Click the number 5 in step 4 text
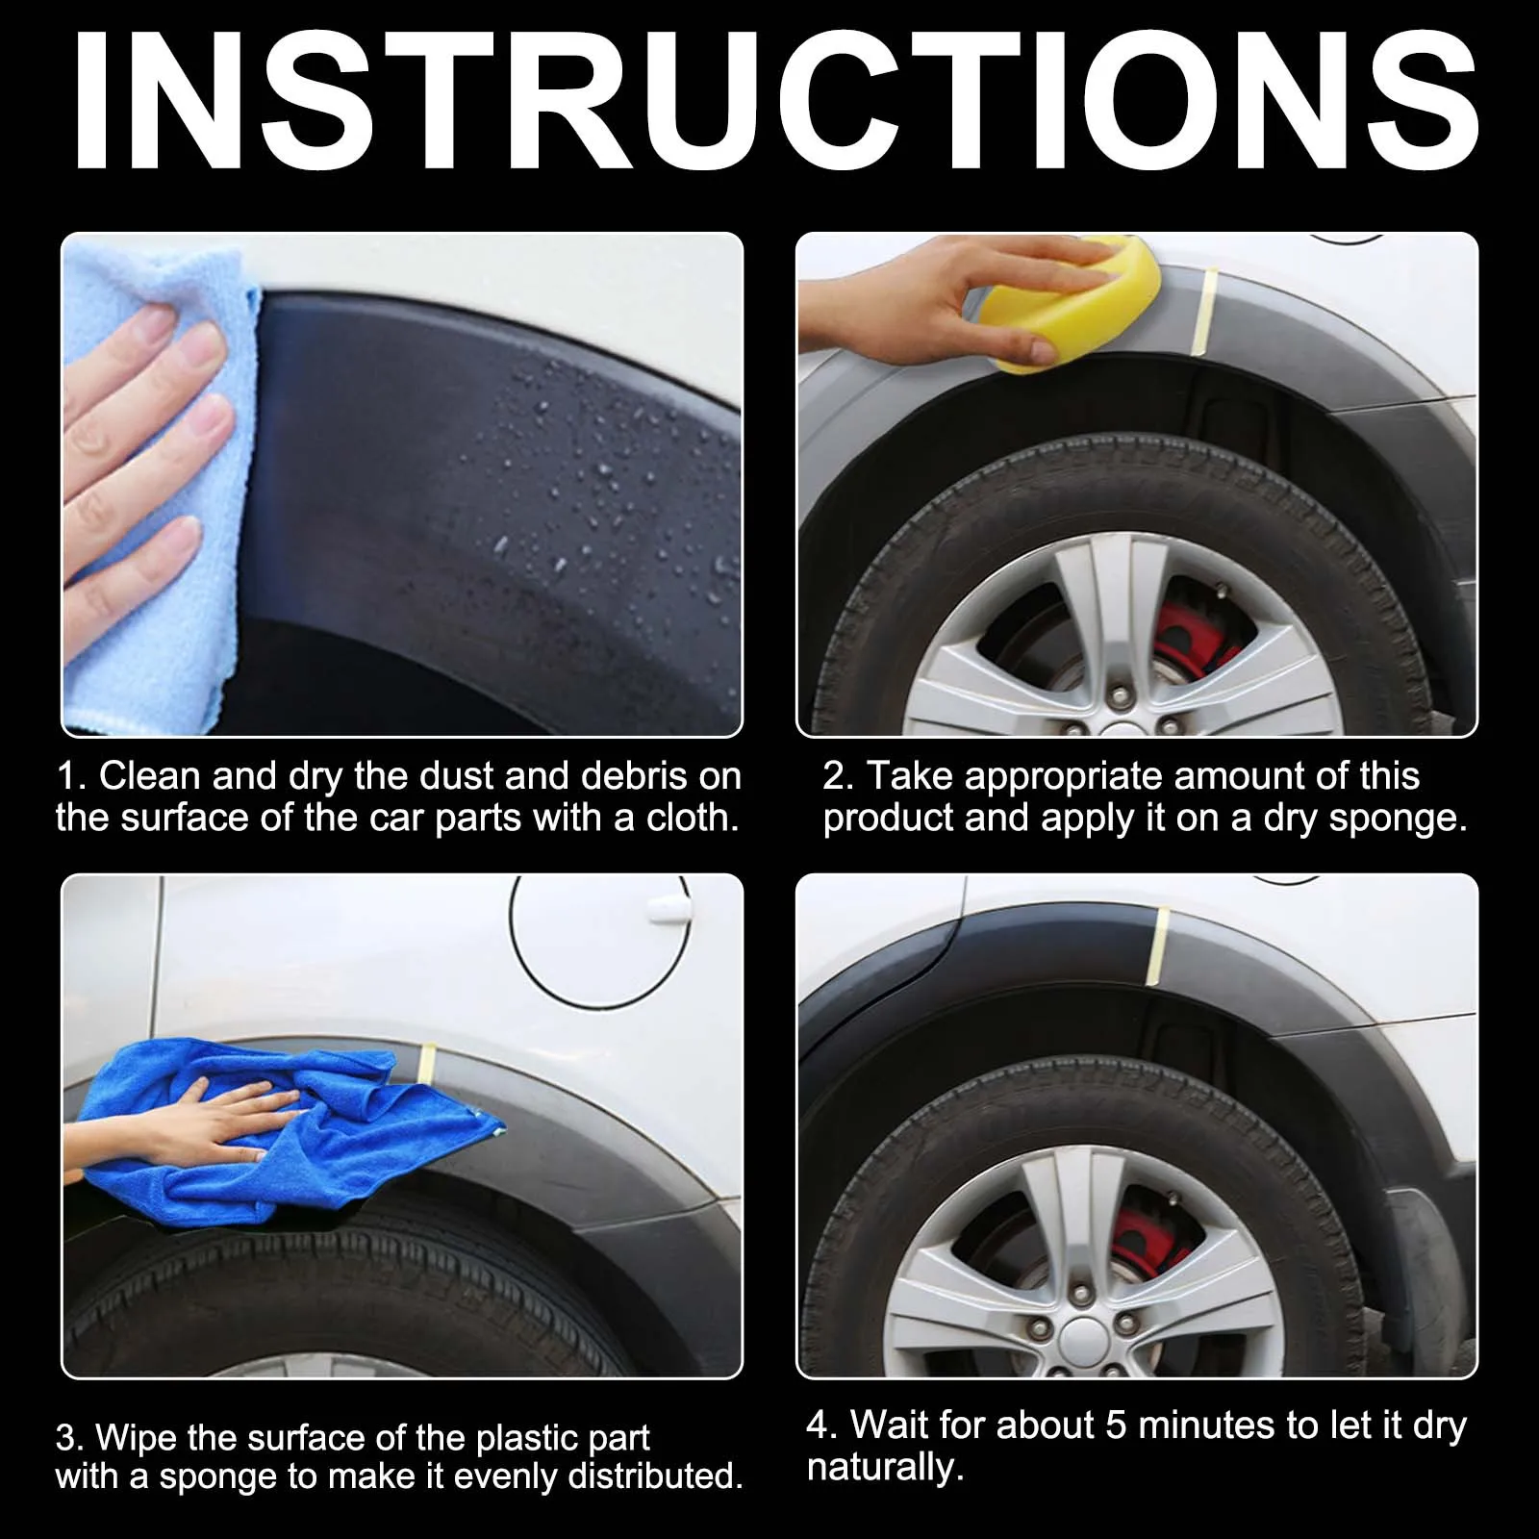pos(1115,1425)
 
